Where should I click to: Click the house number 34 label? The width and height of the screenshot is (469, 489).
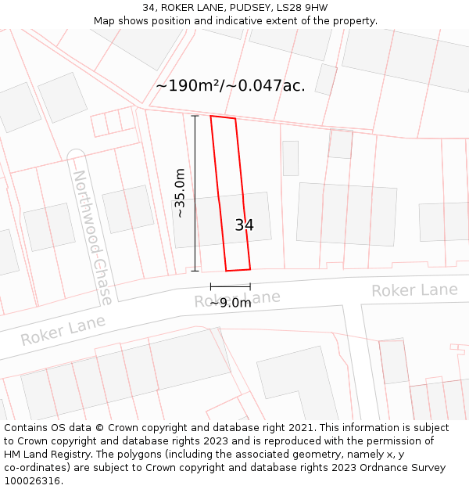click(x=244, y=225)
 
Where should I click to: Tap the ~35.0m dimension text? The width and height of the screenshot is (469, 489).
click(x=180, y=193)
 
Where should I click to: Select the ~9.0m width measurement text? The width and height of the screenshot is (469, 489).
click(x=231, y=303)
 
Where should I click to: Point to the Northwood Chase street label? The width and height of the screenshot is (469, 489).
click(x=92, y=236)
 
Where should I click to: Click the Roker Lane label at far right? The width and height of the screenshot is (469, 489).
click(x=414, y=290)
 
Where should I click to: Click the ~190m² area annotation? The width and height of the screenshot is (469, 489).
click(x=230, y=85)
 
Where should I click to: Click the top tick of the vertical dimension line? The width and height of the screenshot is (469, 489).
click(x=195, y=116)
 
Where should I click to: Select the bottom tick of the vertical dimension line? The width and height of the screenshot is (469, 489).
click(x=195, y=271)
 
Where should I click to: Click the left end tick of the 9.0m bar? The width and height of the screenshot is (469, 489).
click(x=211, y=286)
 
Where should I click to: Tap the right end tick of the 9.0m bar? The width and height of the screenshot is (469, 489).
click(x=250, y=286)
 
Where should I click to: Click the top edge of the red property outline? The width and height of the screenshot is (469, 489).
click(x=223, y=117)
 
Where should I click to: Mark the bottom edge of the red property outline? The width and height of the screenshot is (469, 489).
click(x=238, y=270)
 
